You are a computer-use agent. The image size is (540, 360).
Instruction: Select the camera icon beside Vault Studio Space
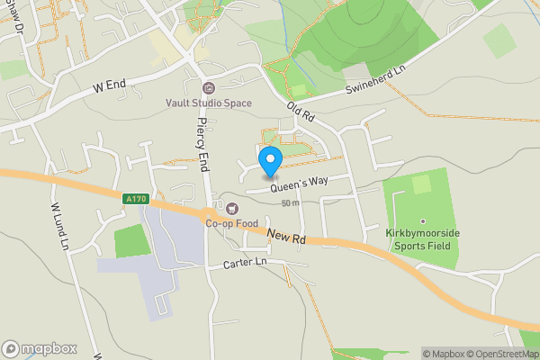coord(209,88)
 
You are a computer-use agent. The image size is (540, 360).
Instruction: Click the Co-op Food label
coord(231,223)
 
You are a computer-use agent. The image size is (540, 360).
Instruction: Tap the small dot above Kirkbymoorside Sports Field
coord(421,220)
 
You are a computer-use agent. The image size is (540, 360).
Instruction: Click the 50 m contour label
coord(290,203)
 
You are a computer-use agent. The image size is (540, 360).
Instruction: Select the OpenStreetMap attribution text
coord(500,354)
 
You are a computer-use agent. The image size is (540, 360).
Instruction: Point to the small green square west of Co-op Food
coord(131,240)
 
